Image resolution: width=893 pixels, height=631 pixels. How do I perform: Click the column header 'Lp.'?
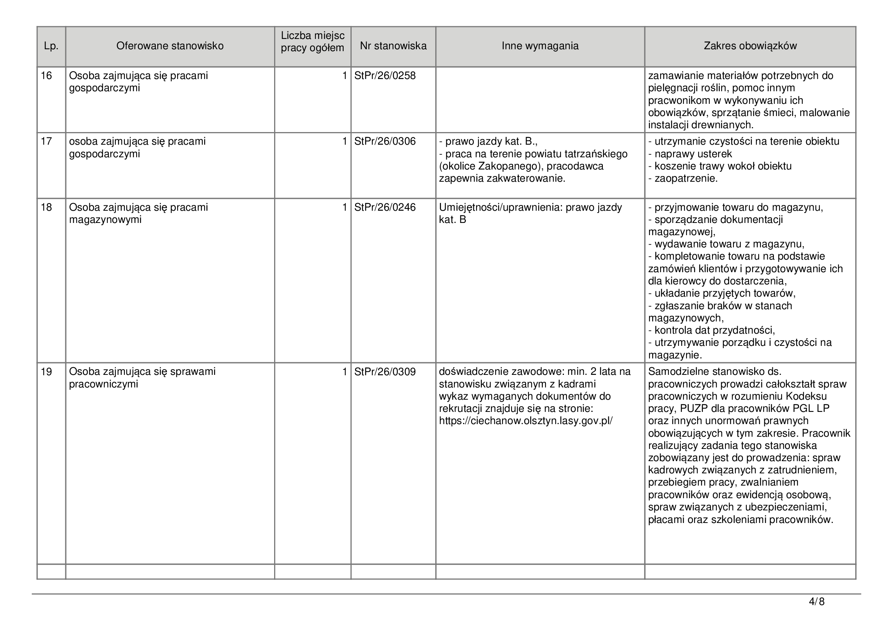coord(51,46)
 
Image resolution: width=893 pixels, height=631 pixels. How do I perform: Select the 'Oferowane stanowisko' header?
coord(170,46)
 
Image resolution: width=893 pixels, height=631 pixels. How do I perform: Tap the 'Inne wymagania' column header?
coord(540,46)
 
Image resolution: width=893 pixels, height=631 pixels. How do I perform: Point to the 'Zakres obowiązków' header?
coord(750,46)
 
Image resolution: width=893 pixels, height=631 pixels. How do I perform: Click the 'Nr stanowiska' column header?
coord(393,46)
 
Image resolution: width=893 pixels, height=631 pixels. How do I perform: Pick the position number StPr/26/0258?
coord(385,76)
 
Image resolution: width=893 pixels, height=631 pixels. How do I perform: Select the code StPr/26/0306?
coord(385,142)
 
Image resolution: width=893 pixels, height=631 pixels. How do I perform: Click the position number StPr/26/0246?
coord(385,208)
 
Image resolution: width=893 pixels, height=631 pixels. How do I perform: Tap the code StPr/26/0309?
coord(385,372)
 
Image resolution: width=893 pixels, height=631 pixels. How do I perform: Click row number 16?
coord(46,76)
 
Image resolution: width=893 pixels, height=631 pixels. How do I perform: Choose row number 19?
coord(46,372)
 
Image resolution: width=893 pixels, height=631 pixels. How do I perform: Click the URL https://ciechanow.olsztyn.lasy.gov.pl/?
coord(525,421)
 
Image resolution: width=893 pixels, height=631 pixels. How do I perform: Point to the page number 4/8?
coord(816,602)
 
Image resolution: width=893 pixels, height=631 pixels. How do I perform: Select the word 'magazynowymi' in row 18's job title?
coord(105,220)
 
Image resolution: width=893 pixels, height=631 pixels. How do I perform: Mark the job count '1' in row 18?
coord(344,208)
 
